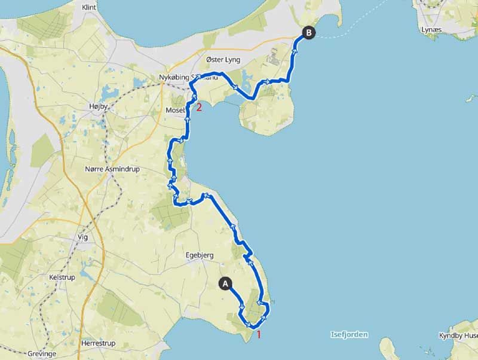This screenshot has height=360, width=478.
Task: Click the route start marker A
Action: pyautogui.click(x=225, y=283)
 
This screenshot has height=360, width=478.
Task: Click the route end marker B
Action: pyautogui.click(x=308, y=33)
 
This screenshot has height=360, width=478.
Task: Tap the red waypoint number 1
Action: pyautogui.click(x=259, y=334)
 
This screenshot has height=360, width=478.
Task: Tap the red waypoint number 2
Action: pyautogui.click(x=199, y=108)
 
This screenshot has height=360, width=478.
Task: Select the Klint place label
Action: pyautogui.click(x=89, y=7)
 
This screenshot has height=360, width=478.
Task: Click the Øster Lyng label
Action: pyautogui.click(x=223, y=60)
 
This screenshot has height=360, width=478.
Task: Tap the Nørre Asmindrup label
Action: pyautogui.click(x=113, y=169)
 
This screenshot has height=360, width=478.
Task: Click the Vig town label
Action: pyautogui.click(x=82, y=237)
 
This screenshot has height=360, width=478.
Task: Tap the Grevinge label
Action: pyautogui.click(x=41, y=354)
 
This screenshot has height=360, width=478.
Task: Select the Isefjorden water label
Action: pyautogui.click(x=348, y=334)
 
